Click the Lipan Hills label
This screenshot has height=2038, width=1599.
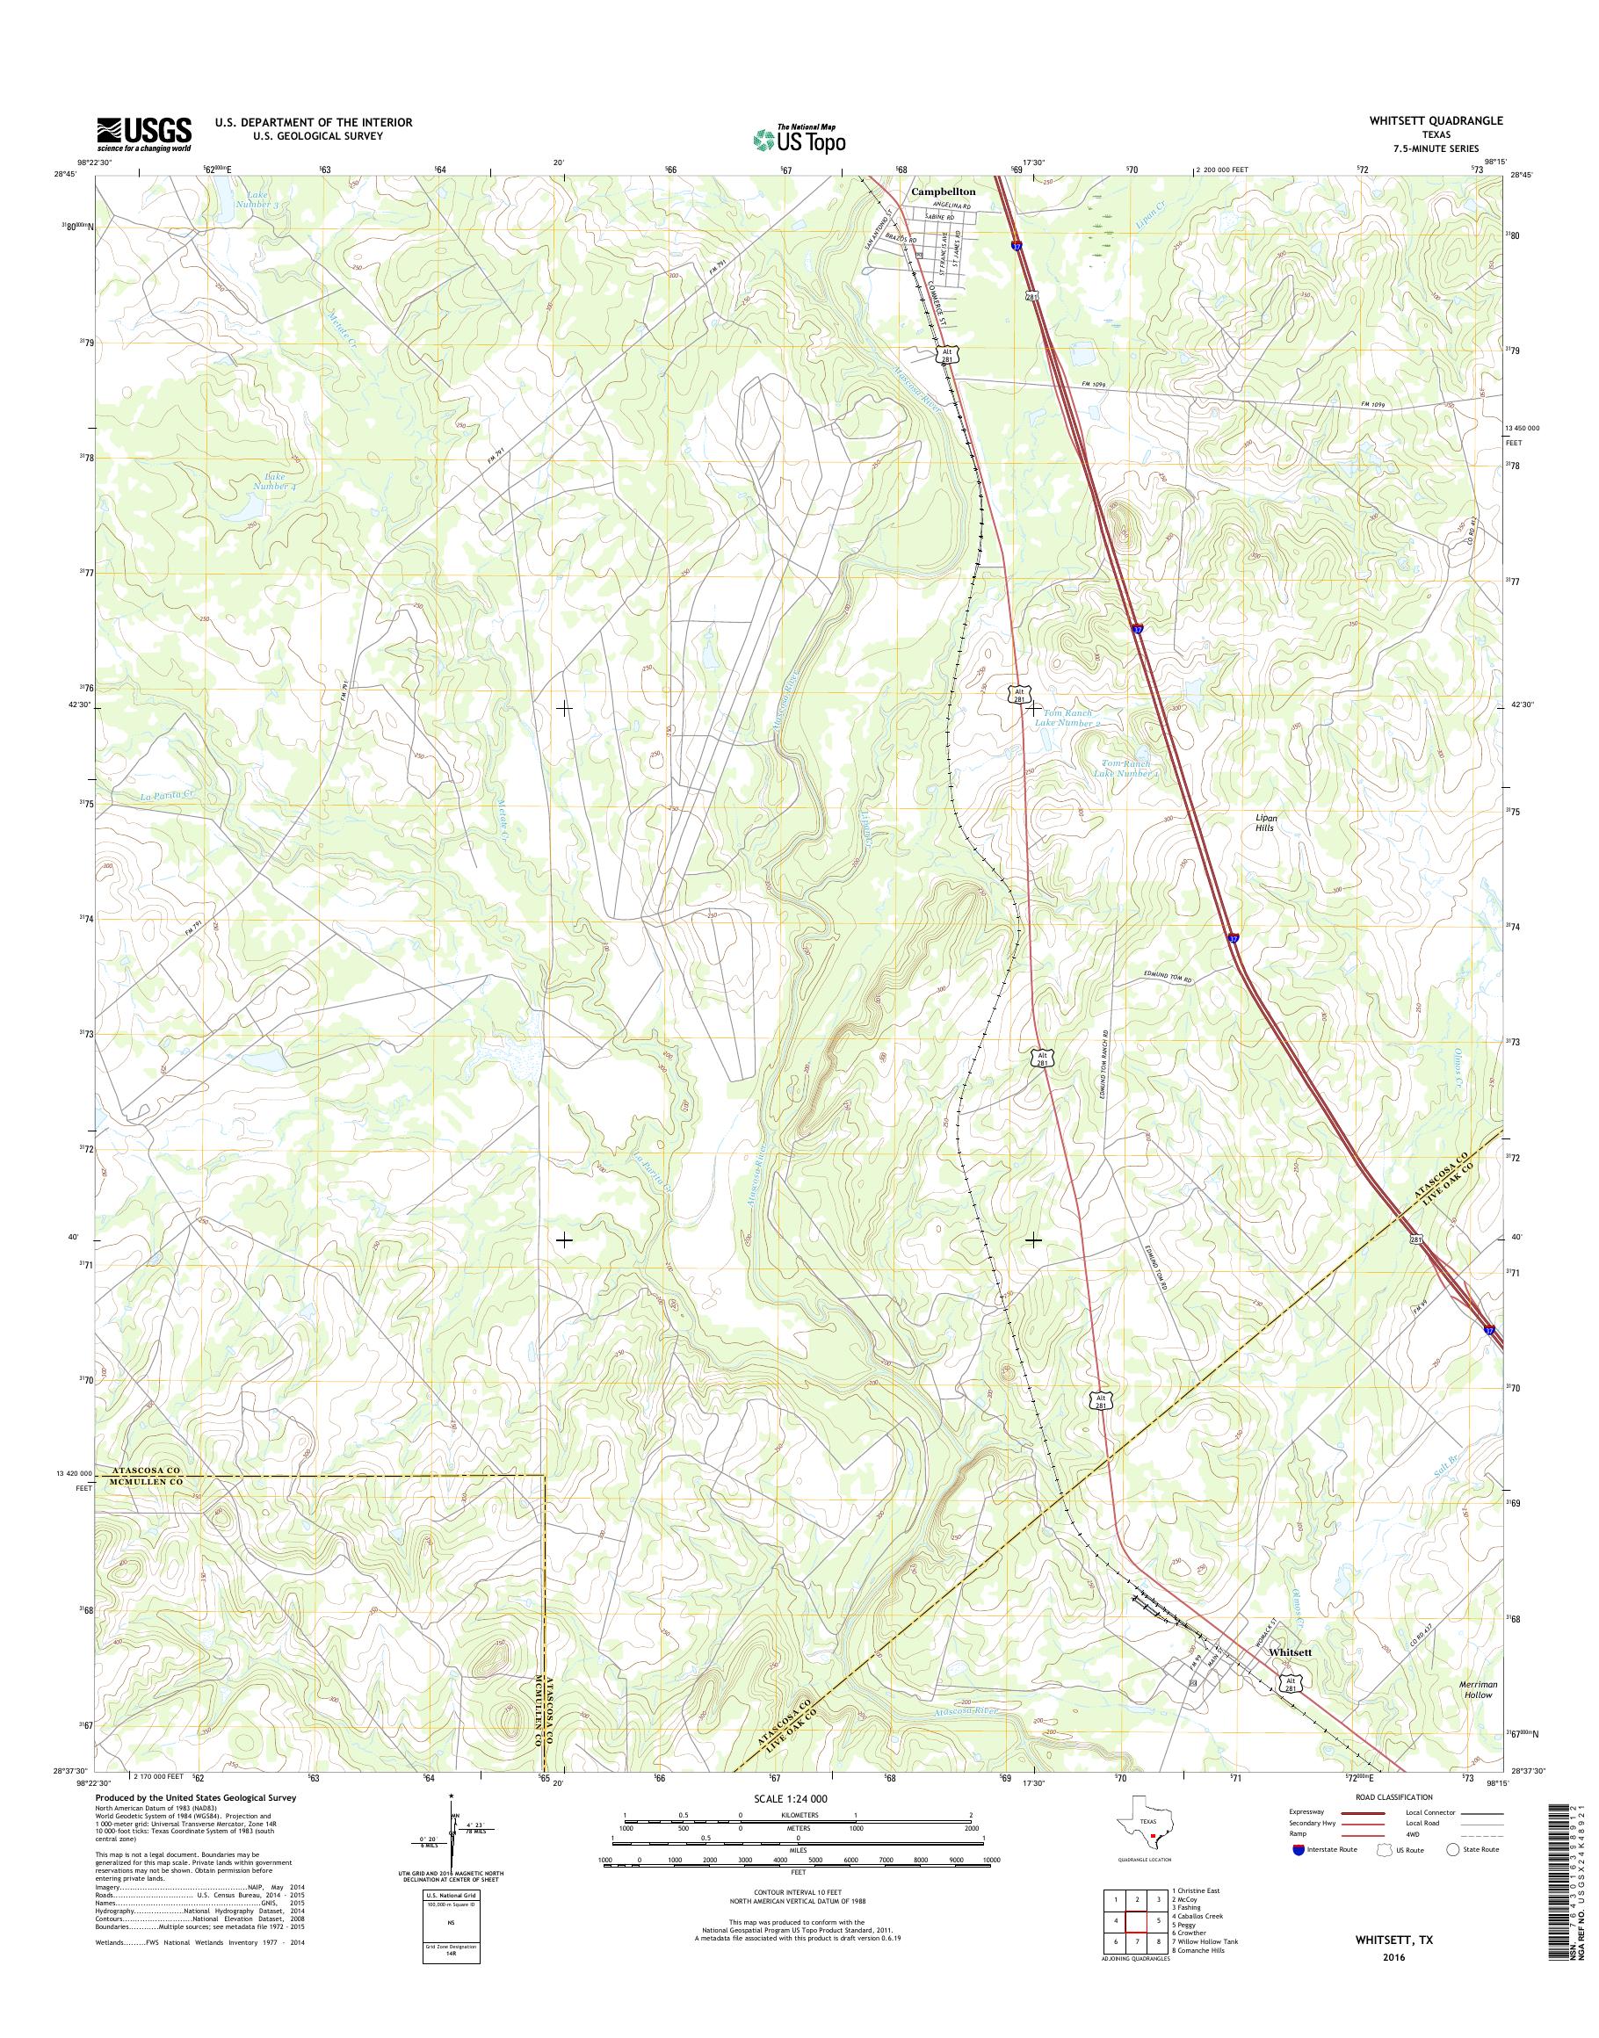click(x=1267, y=823)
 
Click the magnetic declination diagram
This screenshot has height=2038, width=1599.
click(x=452, y=1839)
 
